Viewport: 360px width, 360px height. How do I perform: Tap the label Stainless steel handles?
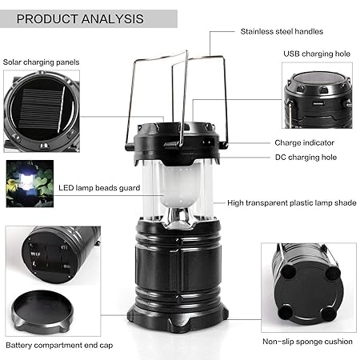coord(282,32)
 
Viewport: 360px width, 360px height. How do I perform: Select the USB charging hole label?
coord(316,54)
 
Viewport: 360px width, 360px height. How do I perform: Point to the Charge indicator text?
coord(304,142)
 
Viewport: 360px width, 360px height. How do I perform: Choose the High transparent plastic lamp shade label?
coord(291,203)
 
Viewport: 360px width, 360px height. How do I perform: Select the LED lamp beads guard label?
coord(99,188)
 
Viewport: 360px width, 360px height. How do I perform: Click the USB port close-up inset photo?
coord(318,96)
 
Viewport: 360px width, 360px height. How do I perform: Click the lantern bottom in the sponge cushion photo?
coord(309,276)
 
